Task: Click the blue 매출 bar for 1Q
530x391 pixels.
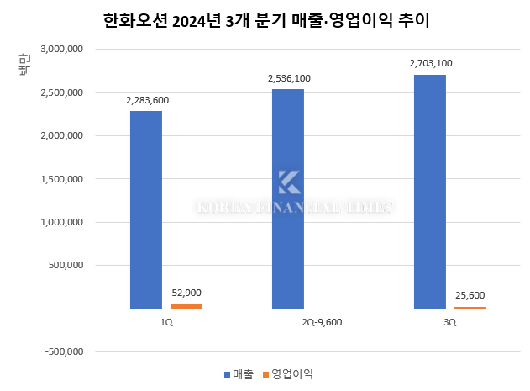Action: [146, 210]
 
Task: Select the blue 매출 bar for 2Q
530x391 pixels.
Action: [288, 199]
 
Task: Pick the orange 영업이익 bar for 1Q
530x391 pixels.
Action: [186, 306]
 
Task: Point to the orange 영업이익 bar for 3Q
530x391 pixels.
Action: [470, 308]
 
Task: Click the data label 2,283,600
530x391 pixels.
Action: [147, 101]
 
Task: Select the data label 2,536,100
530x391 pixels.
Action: [289, 79]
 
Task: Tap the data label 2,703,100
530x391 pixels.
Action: [431, 63]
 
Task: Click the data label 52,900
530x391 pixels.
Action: [186, 293]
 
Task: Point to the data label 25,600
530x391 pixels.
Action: [470, 296]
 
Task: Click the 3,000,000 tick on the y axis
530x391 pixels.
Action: [60, 49]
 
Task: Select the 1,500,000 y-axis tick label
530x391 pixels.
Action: [60, 179]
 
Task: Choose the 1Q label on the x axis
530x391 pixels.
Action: [166, 322]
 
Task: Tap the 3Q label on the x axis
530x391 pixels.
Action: [450, 322]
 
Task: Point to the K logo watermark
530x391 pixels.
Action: [289, 182]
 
